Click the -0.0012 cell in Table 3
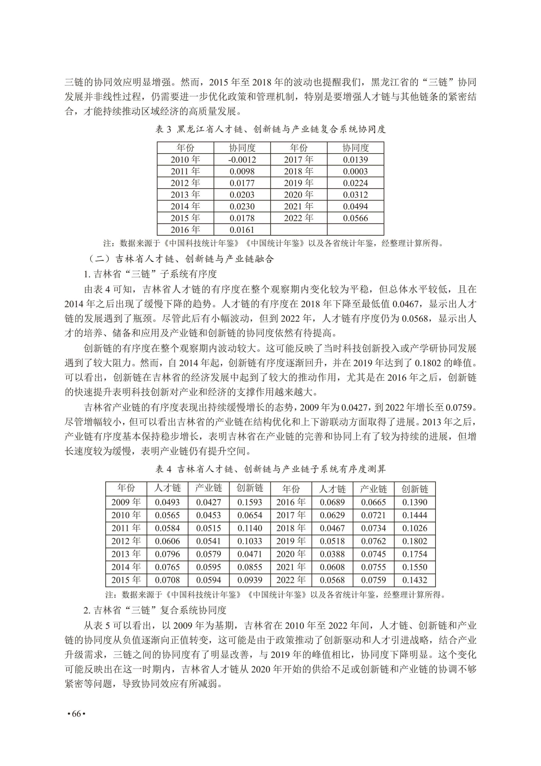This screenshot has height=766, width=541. (242, 160)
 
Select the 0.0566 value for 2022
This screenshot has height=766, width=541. (356, 218)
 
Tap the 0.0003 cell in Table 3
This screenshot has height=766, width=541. (356, 171)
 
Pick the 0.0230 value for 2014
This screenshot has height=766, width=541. (242, 207)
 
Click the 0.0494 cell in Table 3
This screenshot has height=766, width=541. (356, 207)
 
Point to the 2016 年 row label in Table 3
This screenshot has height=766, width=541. (185, 230)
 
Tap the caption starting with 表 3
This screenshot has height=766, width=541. (270, 129)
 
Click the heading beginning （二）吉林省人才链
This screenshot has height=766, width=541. (181, 259)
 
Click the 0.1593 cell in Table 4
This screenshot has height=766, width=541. (250, 502)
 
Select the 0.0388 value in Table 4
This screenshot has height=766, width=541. (332, 554)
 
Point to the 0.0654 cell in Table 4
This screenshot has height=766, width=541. (250, 515)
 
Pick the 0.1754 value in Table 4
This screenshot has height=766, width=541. (415, 554)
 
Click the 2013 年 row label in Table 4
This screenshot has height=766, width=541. (126, 554)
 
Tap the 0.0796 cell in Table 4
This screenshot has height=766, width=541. (167, 554)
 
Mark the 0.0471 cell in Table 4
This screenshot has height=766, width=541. (250, 554)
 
